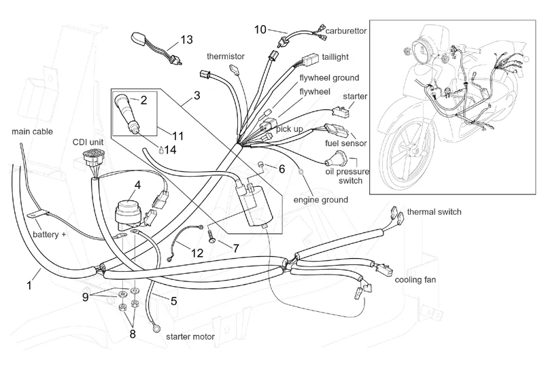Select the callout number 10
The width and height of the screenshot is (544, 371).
click(x=261, y=29)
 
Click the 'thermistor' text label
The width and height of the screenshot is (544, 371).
click(x=226, y=56)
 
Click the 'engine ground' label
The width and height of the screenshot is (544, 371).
click(x=320, y=200)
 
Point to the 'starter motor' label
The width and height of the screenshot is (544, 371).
click(x=190, y=337)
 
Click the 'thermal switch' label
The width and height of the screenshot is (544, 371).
click(x=434, y=212)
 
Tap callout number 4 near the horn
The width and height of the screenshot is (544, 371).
click(x=138, y=184)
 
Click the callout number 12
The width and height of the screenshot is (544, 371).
click(x=197, y=253)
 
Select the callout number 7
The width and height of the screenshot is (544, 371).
click(x=235, y=249)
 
